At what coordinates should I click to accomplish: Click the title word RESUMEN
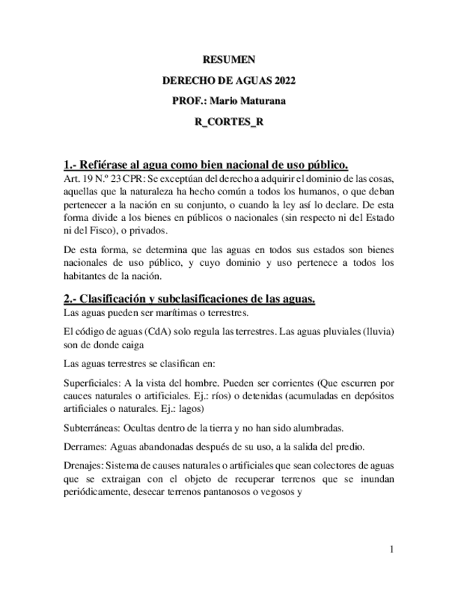(229, 60)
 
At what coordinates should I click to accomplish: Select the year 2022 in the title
(281, 80)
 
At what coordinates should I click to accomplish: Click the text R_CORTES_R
(229, 121)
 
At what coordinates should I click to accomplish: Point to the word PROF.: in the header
(187, 101)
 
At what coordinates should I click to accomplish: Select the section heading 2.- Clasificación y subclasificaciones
(189, 299)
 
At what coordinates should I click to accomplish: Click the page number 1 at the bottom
(392, 550)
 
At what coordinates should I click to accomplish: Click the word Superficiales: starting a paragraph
(89, 383)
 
